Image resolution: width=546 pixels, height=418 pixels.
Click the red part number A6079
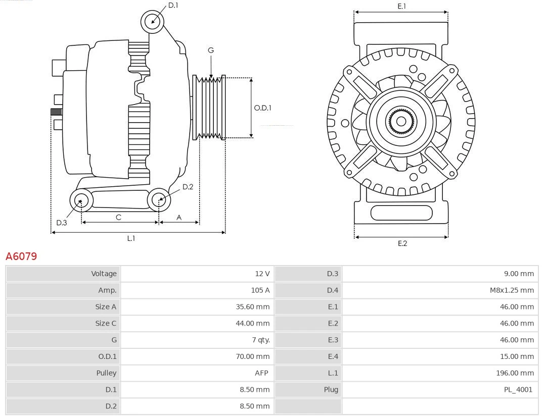21,256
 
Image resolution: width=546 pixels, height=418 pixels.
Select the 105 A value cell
261,290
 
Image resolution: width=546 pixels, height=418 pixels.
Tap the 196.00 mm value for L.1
515,373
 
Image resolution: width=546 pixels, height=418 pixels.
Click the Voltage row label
104,274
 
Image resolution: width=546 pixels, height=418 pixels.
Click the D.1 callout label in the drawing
173,5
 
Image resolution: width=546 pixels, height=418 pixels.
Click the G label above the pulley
211,50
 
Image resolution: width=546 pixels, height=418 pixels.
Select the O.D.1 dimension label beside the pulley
262,108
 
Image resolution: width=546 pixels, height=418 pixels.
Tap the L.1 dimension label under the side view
131,238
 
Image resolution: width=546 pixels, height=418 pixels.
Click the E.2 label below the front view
402,243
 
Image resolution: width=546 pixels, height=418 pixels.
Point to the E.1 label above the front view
401,6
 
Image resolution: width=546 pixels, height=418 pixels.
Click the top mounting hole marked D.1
153,22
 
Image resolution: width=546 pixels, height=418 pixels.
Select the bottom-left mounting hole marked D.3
81,200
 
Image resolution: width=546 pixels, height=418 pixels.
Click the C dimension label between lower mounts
118,217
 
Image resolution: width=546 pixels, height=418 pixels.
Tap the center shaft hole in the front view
401,121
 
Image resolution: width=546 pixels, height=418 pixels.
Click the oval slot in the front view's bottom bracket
401,213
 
